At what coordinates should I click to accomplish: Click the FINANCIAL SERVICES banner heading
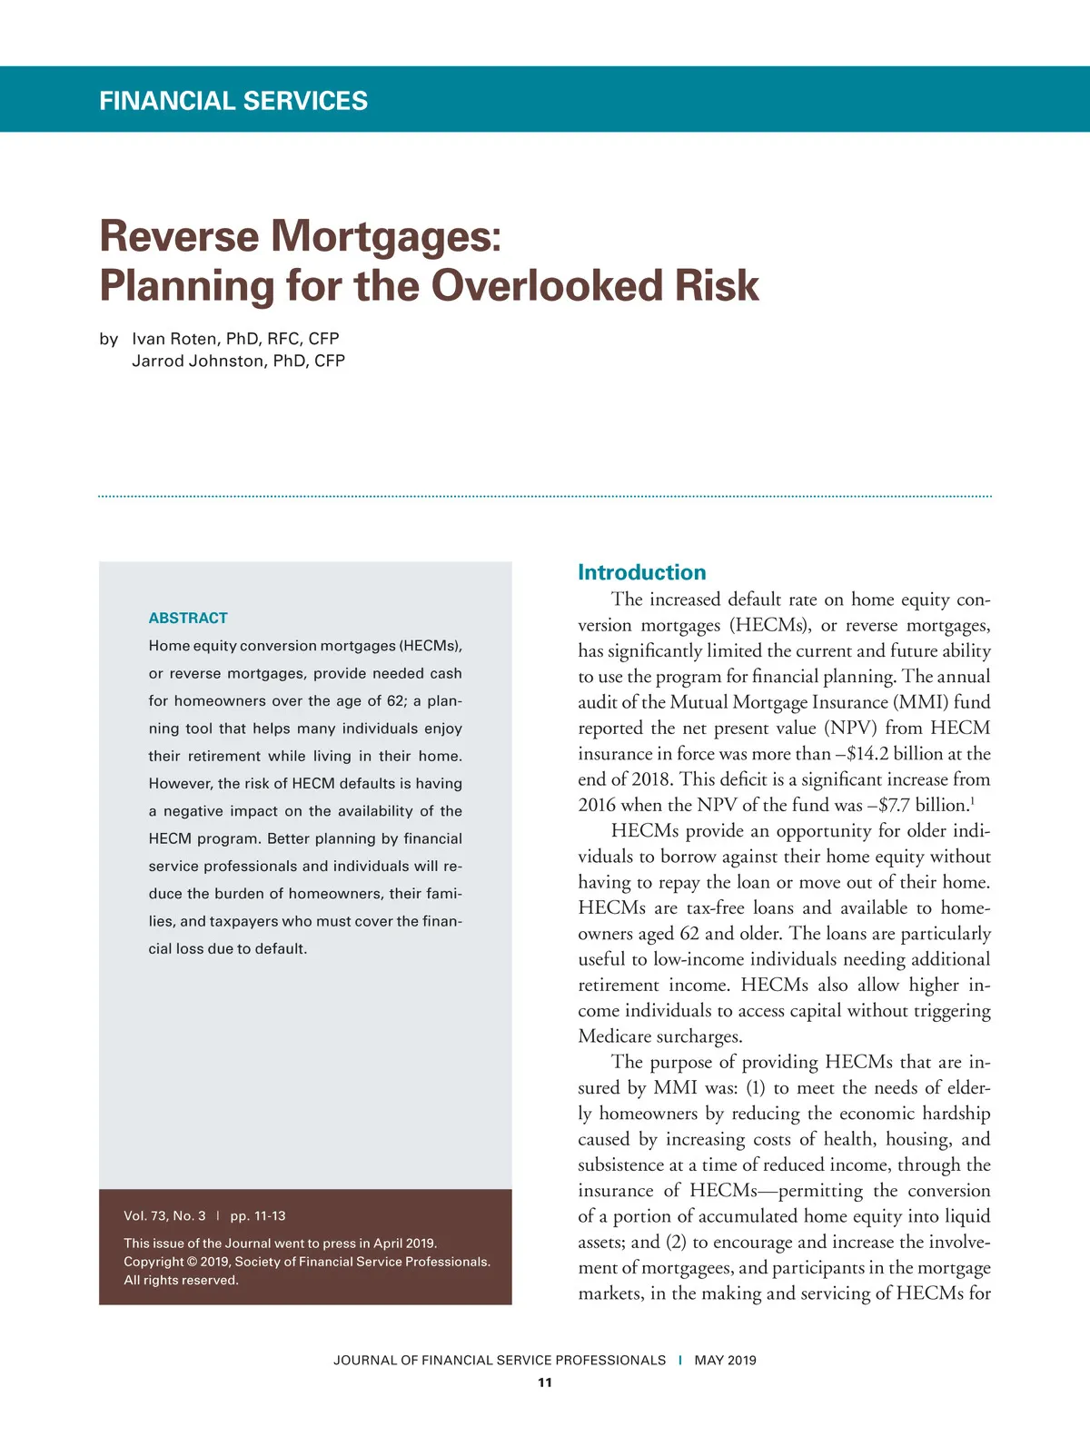click(x=233, y=100)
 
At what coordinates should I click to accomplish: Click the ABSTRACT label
click(x=188, y=618)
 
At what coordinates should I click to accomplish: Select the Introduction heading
click(x=641, y=572)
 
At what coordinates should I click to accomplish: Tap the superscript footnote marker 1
click(x=973, y=800)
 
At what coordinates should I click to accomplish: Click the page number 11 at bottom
click(x=545, y=1382)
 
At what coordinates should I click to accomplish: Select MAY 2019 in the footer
click(x=725, y=1360)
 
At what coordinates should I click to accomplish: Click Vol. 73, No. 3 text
click(x=164, y=1215)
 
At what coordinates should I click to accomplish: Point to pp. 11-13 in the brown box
click(x=258, y=1215)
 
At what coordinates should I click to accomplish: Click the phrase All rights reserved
click(x=181, y=1280)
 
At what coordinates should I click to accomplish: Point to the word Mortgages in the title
click(x=381, y=236)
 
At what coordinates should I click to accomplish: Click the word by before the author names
click(x=108, y=339)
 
